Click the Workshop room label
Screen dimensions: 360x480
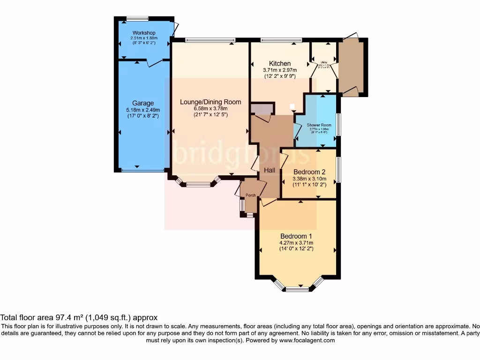143,32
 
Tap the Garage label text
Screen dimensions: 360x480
142,103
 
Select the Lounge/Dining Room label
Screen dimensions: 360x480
210,102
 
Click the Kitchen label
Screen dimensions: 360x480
279,64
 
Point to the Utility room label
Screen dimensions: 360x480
323,61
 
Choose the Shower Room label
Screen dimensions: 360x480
319,125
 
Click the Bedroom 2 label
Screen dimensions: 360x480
309,172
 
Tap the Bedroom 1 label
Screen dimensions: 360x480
296,236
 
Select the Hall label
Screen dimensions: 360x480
269,170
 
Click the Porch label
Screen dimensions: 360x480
250,196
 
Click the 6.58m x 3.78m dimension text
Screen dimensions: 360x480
210,109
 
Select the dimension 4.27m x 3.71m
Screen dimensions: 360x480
296,243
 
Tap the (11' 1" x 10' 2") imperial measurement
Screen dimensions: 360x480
309,185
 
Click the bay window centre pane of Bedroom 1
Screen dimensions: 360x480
297,289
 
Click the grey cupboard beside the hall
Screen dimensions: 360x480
262,109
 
